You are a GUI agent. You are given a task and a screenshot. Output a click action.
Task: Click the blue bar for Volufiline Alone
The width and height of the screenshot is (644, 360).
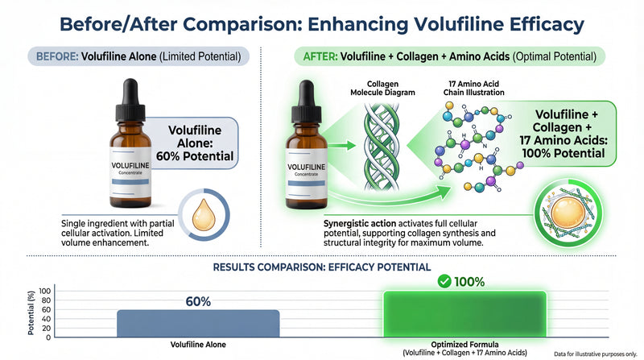pos(198,322)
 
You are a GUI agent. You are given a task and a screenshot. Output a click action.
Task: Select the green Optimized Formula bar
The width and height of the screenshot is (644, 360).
pos(464,313)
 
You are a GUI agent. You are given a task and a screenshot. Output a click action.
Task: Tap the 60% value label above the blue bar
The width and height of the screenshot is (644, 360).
pos(198,301)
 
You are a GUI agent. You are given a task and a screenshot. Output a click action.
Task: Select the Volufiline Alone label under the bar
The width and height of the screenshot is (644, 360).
pos(198,346)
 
